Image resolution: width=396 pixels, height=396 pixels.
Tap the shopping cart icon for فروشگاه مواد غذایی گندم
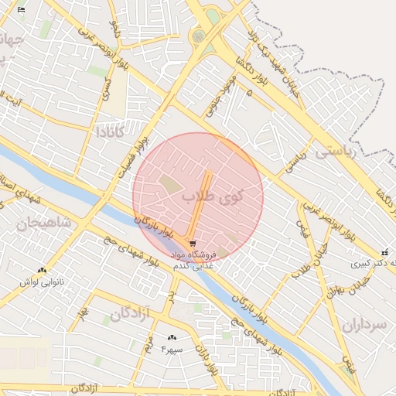click(192, 244)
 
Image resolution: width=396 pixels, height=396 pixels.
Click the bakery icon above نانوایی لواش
click(42, 270)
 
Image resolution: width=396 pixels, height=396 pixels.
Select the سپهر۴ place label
click(171, 350)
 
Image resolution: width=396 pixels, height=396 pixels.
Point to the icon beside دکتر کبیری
click(385, 252)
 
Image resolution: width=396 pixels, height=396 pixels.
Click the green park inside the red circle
click(169, 184)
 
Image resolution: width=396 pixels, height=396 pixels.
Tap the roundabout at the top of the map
click(199, 35)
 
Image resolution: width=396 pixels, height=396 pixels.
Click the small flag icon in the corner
click(21, 10)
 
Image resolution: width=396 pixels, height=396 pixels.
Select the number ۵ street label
click(249, 93)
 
